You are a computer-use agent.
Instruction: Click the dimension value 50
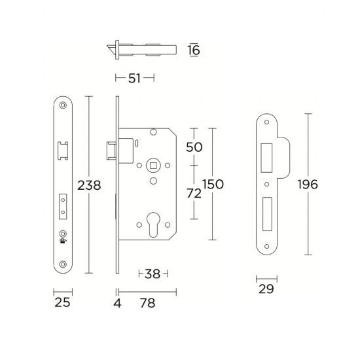pyautogui.click(x=195, y=147)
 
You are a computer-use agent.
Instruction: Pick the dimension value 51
pyautogui.click(x=135, y=79)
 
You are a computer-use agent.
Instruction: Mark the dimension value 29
pyautogui.click(x=265, y=289)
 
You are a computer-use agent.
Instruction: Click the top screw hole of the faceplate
pyautogui.click(x=63, y=106)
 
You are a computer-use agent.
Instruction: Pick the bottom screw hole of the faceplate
pyautogui.click(x=63, y=264)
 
